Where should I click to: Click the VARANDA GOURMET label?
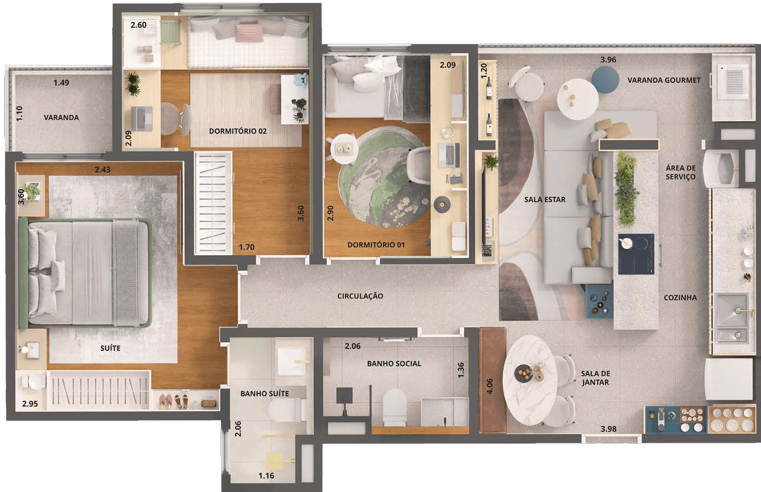664,80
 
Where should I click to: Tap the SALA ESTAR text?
545,200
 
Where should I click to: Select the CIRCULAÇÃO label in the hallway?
360,296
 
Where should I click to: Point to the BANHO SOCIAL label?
394,363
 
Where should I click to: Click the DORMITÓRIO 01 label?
376,244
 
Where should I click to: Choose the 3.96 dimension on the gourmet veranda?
608,59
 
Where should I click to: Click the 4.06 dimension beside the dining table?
490,387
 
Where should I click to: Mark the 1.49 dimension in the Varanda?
61,83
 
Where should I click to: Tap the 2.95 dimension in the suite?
30,404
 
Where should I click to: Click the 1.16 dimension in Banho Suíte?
266,476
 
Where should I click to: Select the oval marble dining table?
529,380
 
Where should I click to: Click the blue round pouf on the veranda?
605,79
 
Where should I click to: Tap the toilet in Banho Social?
395,408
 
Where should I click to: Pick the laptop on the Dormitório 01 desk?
449,155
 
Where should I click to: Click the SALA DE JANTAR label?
595,378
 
